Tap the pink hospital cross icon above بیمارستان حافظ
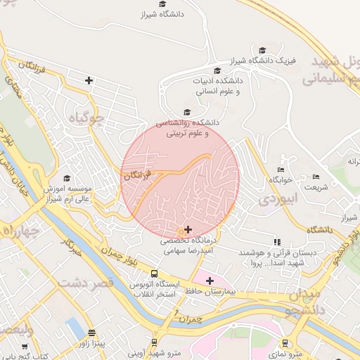coord(210,281)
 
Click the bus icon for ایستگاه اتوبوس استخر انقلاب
coord(154,275)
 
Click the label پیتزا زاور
coord(92,343)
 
